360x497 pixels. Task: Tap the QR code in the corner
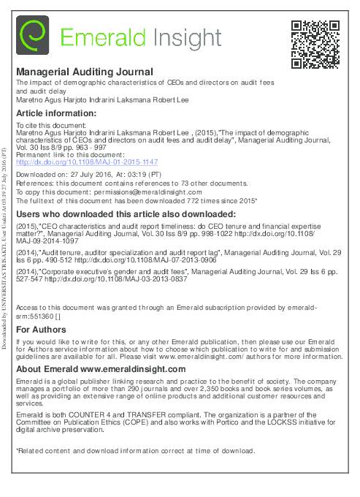click(315, 45)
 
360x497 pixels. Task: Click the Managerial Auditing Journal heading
click(85, 72)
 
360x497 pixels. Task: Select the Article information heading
click(55, 113)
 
